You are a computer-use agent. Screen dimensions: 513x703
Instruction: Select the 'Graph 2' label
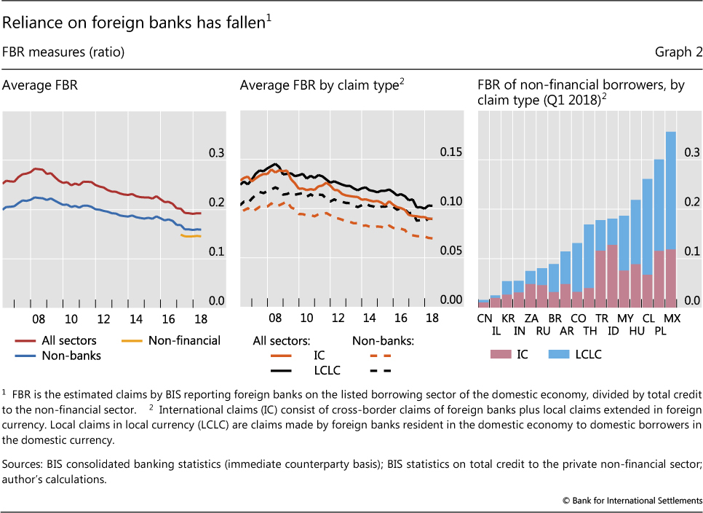pos(678,52)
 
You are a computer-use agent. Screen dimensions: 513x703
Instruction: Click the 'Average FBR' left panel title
pos(40,85)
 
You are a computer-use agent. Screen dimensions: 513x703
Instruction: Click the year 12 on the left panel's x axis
pos(103,319)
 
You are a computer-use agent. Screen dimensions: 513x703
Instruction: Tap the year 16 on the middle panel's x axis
pos(400,319)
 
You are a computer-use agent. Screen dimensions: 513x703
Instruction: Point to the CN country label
pos(485,318)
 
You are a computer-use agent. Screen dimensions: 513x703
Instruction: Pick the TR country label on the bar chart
pos(601,318)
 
